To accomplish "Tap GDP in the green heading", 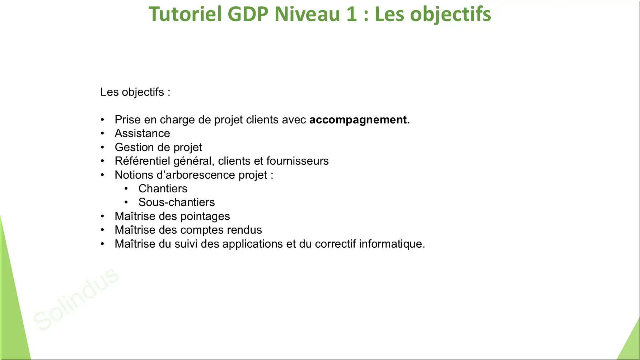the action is click(248, 14).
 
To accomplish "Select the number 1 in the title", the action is click(351, 14).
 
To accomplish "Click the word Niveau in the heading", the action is click(307, 14).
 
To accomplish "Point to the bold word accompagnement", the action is click(359, 120).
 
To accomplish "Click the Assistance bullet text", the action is click(142, 133).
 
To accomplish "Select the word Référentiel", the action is click(142, 161).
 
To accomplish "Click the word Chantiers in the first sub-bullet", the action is click(163, 188).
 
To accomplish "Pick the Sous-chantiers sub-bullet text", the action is click(177, 202).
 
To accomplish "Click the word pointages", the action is click(205, 216).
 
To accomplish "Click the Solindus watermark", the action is click(76, 299).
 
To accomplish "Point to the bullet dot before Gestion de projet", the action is click(102, 147).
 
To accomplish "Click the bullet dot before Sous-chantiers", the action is click(126, 202).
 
